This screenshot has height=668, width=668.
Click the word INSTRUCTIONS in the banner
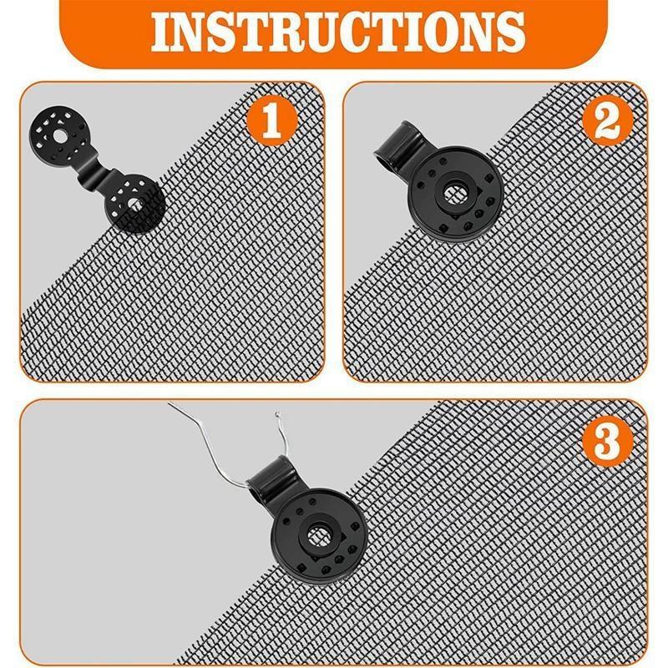tap(334, 31)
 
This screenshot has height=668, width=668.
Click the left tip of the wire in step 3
tap(170, 405)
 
